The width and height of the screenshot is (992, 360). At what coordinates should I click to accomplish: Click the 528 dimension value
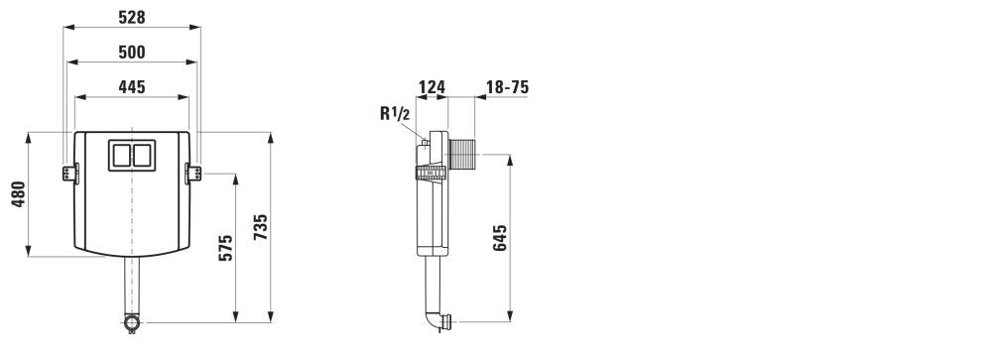pos(132,17)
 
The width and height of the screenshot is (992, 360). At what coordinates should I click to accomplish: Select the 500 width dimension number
pos(132,52)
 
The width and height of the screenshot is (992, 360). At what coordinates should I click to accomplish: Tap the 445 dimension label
pos(132,86)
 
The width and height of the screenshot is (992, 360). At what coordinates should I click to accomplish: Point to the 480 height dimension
pos(18,194)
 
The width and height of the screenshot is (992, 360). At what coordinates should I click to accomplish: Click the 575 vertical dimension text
pos(226,247)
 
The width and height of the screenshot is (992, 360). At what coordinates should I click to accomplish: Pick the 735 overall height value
pos(261,227)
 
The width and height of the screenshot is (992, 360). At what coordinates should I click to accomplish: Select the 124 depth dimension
pos(433,86)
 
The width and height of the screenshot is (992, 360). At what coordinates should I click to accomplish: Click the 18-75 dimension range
pos(507,86)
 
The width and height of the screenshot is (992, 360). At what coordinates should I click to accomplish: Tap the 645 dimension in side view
pos(500,238)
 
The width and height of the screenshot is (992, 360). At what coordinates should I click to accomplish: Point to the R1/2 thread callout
pos(396,114)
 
